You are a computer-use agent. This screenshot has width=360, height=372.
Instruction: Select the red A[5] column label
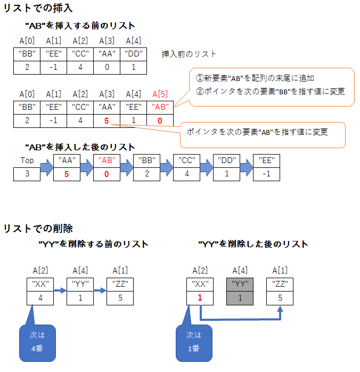click(x=160, y=94)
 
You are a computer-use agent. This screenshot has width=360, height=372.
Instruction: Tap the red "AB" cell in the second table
click(x=160, y=107)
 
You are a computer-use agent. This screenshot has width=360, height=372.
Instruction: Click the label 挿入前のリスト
click(x=189, y=54)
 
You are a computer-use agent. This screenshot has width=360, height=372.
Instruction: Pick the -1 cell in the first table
click(x=53, y=67)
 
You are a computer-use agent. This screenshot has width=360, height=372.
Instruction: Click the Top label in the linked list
click(x=27, y=160)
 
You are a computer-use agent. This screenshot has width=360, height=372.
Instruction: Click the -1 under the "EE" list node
click(x=267, y=173)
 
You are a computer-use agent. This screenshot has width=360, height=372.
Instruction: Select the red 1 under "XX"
click(x=200, y=298)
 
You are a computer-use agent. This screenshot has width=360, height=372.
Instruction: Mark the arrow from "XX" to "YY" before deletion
click(x=60, y=291)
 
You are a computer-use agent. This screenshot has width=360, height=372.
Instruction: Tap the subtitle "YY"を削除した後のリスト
click(x=253, y=244)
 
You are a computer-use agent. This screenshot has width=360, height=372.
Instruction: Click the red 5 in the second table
click(x=107, y=120)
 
